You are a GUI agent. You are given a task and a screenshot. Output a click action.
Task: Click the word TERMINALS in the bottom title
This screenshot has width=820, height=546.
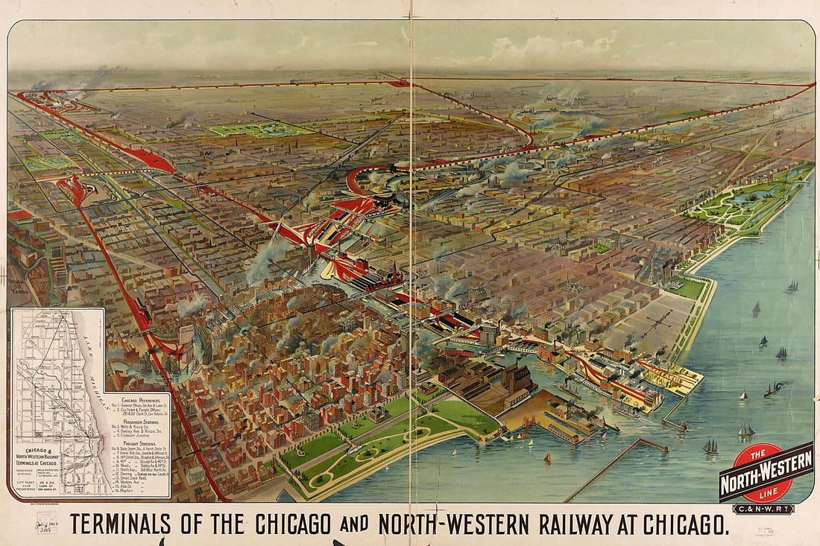(127, 524)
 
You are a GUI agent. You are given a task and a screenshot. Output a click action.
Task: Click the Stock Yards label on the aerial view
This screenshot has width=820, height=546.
(16, 286)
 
